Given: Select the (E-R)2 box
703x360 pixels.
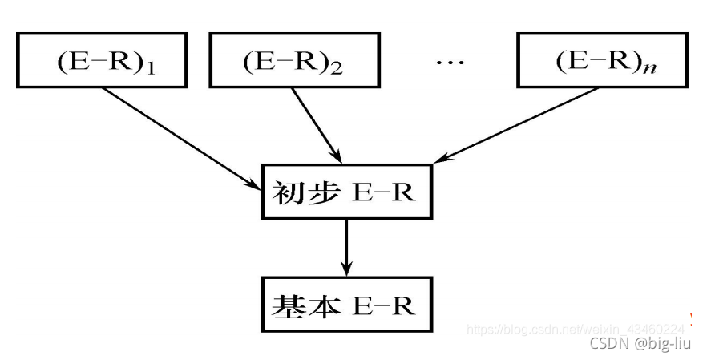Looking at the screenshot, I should (x=293, y=61).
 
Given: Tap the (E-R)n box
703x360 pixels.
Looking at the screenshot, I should (x=600, y=61).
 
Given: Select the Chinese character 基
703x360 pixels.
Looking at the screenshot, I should (x=286, y=305).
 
